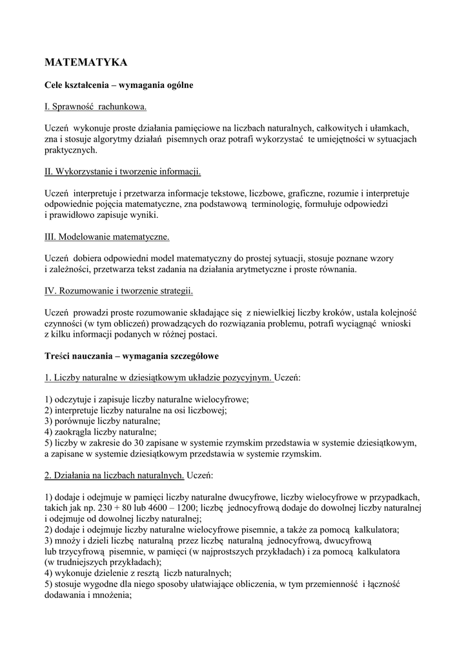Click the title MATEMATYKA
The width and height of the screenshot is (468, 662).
coord(86,62)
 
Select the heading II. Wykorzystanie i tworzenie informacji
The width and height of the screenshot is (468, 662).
coord(123,171)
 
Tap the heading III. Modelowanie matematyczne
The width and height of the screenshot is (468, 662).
coord(107,237)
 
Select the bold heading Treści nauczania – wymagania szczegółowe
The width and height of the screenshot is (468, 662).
coord(135,356)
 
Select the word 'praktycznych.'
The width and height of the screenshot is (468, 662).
coord(70,149)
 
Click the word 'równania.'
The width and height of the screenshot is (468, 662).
coord(336,270)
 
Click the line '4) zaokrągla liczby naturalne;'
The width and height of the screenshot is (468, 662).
coord(100,432)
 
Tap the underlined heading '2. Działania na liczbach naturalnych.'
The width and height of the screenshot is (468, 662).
coord(114,475)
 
